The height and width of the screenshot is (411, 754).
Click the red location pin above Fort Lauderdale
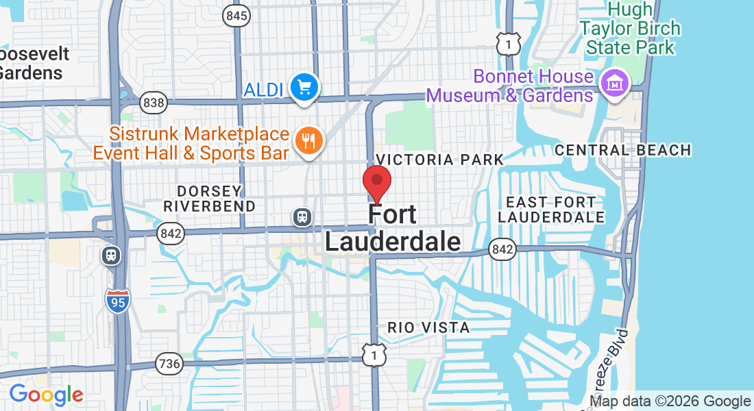tap(376, 182)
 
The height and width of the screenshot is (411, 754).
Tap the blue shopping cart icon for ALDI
tap(304, 87)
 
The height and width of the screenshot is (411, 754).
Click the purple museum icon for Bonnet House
tap(614, 83)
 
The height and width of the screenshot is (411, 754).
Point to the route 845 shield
tap(236, 15)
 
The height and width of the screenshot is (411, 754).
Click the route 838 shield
tap(153, 103)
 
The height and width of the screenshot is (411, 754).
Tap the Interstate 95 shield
tap(118, 301)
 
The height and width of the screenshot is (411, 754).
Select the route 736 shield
tap(169, 362)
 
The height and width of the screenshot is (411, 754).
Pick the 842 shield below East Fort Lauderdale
tap(502, 250)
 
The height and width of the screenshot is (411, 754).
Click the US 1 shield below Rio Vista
tap(374, 354)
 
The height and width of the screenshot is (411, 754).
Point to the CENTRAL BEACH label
tap(622, 150)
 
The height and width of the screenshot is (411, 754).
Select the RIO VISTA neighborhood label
tap(428, 328)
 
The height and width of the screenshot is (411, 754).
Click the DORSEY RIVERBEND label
tap(209, 198)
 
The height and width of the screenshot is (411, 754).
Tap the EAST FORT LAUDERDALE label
tap(551, 210)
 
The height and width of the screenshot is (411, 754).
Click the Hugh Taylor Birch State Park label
tap(629, 29)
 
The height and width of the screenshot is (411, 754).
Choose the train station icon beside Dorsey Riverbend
tap(302, 217)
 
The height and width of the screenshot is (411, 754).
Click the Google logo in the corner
tap(46, 395)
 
